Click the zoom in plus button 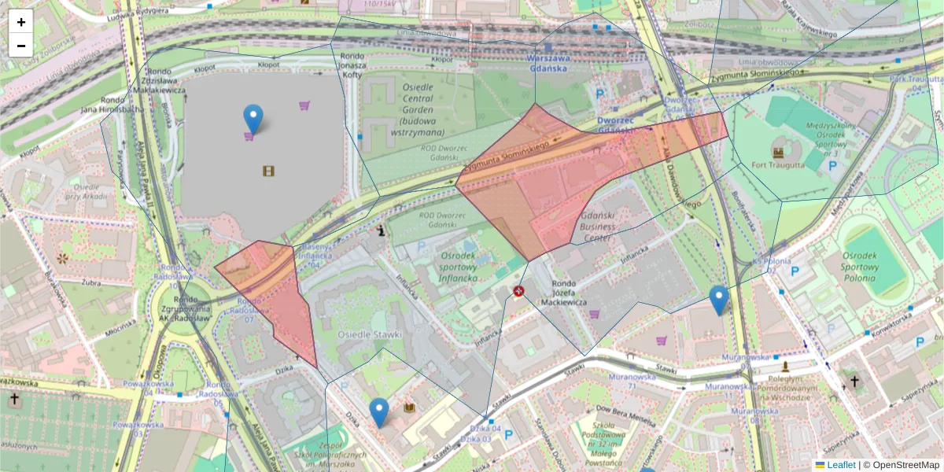click(21, 22)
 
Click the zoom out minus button click(21, 46)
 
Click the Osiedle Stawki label click(370, 334)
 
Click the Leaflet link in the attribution click(841, 465)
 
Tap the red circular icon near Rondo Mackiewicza click(519, 291)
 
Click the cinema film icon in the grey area click(268, 171)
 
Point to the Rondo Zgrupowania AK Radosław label click(191, 308)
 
